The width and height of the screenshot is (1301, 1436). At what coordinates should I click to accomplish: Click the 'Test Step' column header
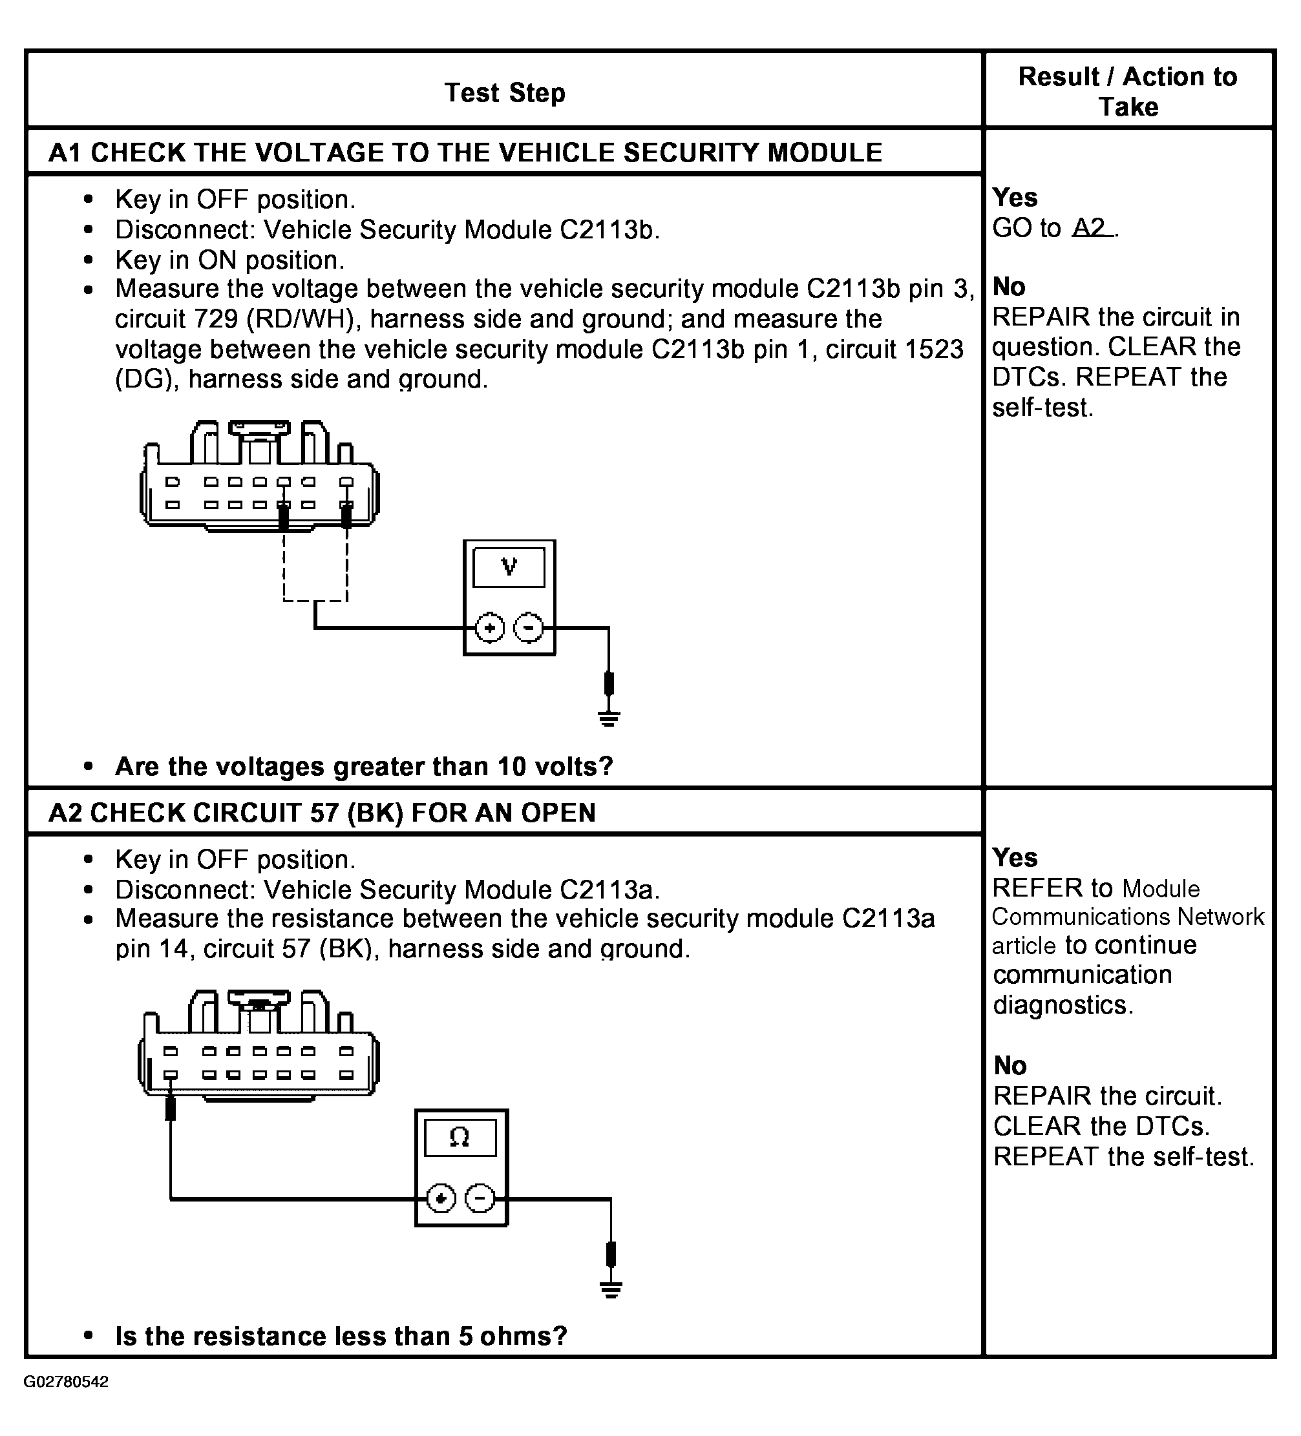coord(505,92)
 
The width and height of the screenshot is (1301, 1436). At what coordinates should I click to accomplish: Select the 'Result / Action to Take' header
coord(1128,91)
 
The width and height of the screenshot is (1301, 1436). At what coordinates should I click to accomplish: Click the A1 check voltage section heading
coord(465,152)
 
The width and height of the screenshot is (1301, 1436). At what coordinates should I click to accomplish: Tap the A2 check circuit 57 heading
coord(322,812)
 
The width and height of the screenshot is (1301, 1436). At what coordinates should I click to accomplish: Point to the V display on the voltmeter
coord(509,567)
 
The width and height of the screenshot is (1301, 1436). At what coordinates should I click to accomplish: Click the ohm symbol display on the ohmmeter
coord(460,1138)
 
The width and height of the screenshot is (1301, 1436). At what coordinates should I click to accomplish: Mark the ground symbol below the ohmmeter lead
coord(611,1289)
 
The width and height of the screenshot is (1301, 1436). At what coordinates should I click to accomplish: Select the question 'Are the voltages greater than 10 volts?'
coord(364,766)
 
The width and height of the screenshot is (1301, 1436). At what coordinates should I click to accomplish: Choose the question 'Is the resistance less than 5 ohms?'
coord(341,1337)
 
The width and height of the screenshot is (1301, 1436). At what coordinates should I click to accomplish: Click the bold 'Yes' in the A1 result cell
coord(1015,197)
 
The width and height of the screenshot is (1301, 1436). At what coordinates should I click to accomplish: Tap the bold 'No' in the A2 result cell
coord(1010,1066)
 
